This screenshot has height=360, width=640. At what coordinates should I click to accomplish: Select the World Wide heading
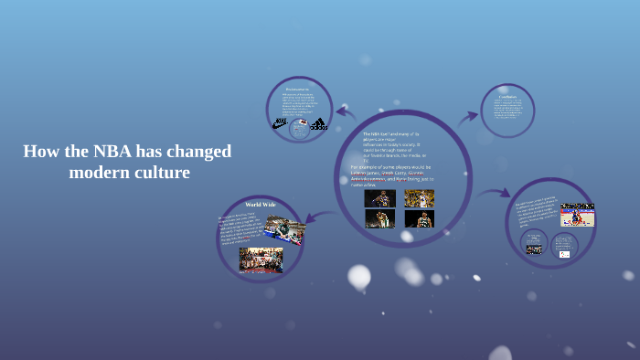(261, 205)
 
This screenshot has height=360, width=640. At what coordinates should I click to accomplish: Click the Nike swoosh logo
(280, 123)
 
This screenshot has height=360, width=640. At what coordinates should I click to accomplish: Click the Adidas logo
(317, 123)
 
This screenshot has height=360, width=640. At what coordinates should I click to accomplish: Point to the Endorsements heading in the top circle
(298, 89)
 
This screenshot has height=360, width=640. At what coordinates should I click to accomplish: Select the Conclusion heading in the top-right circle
(507, 97)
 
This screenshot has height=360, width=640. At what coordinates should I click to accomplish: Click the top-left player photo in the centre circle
(379, 198)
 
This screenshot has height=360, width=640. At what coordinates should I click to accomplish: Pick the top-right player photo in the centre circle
(419, 198)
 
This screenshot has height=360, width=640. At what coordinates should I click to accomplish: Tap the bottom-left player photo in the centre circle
(379, 219)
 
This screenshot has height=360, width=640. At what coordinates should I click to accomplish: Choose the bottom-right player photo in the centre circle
(419, 219)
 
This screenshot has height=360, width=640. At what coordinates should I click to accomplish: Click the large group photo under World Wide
(261, 259)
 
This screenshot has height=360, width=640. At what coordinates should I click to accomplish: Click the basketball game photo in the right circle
(577, 215)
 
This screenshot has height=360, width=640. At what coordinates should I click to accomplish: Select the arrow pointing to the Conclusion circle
(467, 116)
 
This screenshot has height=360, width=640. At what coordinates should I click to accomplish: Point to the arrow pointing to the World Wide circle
(317, 217)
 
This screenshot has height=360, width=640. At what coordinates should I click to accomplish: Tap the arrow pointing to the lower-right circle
(495, 194)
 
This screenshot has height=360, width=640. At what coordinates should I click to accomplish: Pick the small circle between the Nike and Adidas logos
(298, 129)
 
